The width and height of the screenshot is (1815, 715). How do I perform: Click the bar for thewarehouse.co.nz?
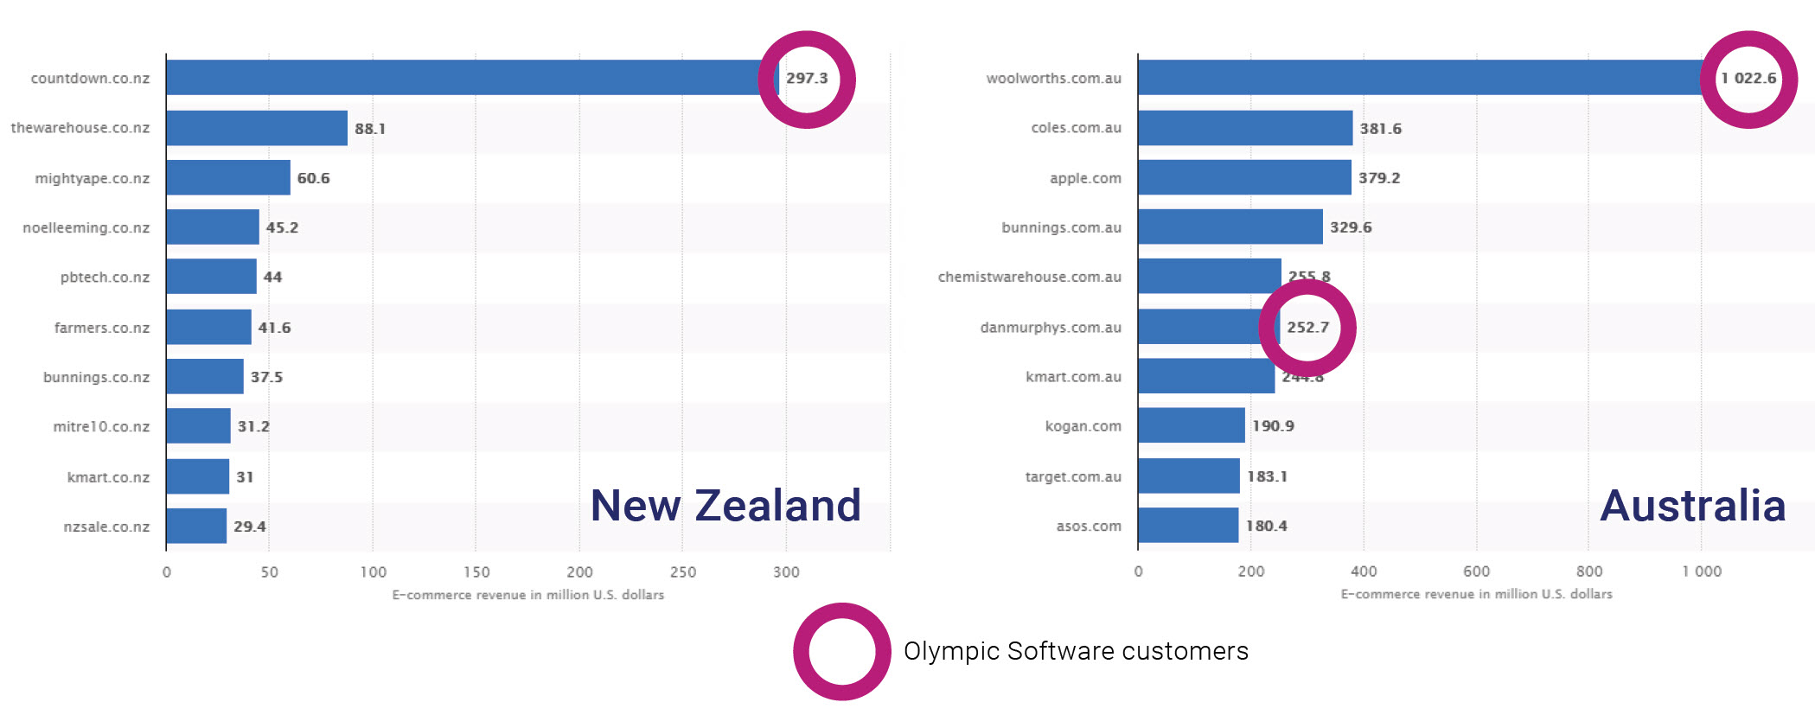tap(257, 128)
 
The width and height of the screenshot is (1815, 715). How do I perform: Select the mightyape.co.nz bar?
tap(228, 177)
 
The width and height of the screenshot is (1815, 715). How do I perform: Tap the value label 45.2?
tap(282, 227)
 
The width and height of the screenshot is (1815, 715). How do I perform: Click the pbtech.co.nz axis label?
tap(105, 278)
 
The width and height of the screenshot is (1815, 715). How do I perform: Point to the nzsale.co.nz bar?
tap(196, 526)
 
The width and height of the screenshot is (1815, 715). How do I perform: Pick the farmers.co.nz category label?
tap(101, 328)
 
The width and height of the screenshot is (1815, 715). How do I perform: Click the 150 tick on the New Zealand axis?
tap(476, 571)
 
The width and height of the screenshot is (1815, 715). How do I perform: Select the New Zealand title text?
tap(725, 505)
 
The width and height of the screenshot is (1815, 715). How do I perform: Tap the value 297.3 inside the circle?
tap(807, 79)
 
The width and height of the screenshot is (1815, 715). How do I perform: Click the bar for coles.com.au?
tap(1245, 128)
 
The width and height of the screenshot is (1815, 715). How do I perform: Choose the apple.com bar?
tap(1244, 177)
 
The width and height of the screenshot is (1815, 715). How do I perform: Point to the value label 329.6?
tap(1351, 227)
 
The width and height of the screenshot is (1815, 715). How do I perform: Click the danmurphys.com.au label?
tap(1051, 328)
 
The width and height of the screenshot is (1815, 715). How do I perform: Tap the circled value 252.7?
tap(1307, 328)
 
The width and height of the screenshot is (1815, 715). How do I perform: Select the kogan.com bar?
tap(1192, 425)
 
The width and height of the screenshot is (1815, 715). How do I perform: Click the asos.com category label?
tap(1089, 526)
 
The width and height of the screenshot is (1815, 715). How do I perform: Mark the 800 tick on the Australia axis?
tap(1589, 571)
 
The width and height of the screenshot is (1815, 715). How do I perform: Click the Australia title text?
tap(1692, 505)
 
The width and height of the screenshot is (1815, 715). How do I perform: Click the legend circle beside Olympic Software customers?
tap(842, 652)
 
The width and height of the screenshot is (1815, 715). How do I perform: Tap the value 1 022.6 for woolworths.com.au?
tap(1748, 79)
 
